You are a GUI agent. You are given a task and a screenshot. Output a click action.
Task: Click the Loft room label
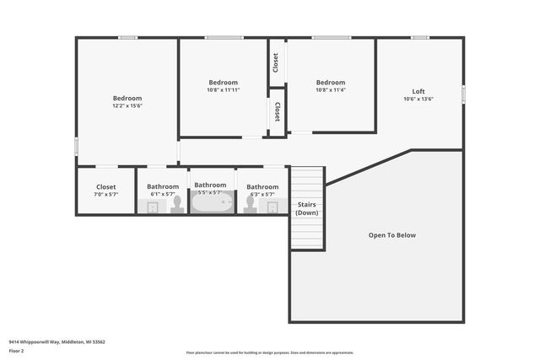(x=418, y=91)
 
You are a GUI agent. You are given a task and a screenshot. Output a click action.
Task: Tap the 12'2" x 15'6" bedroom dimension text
(x=127, y=106)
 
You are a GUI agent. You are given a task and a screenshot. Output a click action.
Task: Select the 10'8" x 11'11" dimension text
(x=224, y=90)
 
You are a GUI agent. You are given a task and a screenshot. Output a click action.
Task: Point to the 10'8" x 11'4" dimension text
(x=331, y=90)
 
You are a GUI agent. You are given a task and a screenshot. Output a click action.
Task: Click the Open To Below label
(x=392, y=235)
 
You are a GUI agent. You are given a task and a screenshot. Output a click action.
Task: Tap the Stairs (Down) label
(x=307, y=208)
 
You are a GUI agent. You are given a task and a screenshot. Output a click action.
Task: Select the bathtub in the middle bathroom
(x=211, y=202)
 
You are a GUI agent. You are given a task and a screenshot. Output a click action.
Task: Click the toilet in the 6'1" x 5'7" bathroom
(x=177, y=204)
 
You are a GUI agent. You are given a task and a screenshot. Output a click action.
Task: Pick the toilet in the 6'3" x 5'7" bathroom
(x=249, y=204)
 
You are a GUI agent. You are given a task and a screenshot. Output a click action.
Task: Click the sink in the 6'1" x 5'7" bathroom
(x=152, y=207)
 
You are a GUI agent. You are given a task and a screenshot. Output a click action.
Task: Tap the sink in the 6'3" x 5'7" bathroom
(x=273, y=207)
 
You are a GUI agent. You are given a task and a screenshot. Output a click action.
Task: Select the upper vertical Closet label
(x=276, y=62)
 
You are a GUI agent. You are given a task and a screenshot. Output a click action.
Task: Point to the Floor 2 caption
(x=16, y=350)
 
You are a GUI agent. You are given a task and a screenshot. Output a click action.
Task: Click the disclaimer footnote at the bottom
(x=269, y=353)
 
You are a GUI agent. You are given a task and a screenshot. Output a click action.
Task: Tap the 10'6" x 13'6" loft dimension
(x=418, y=99)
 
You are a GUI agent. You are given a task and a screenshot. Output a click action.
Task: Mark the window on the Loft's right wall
(x=463, y=94)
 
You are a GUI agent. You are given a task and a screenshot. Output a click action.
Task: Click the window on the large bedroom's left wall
(x=76, y=146)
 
